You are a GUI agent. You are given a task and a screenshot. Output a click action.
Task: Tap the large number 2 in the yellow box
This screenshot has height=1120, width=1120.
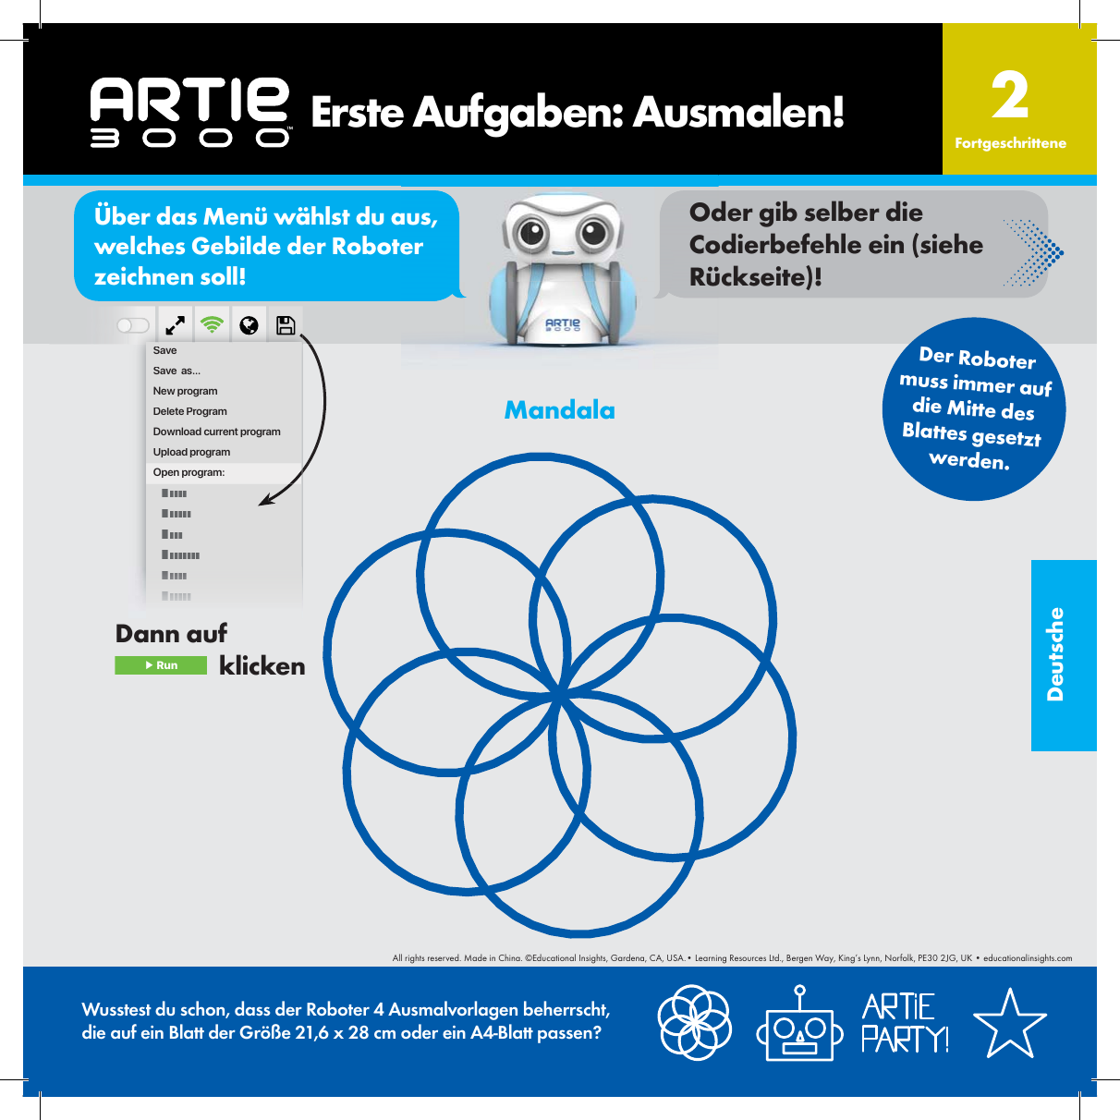click(1010, 96)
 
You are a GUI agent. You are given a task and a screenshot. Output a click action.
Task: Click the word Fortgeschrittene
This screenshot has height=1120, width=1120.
click(1010, 143)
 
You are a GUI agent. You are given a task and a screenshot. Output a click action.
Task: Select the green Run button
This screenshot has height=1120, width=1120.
click(161, 665)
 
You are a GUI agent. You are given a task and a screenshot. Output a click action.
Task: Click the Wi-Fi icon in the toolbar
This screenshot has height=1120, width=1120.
click(213, 325)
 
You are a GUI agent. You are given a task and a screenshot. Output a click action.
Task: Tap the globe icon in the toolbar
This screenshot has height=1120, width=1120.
click(249, 325)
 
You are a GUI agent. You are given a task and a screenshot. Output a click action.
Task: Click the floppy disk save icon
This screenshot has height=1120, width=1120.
click(286, 325)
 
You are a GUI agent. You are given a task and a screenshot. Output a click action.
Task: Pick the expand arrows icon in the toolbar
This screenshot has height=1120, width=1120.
click(175, 325)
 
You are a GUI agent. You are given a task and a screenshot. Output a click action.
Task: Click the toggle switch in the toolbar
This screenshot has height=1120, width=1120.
click(133, 325)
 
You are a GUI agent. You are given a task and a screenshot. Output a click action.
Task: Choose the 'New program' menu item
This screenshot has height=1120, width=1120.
click(186, 391)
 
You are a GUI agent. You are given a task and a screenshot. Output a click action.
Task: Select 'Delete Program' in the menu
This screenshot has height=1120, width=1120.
click(190, 411)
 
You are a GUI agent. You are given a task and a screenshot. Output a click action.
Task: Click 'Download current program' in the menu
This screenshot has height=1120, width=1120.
click(217, 432)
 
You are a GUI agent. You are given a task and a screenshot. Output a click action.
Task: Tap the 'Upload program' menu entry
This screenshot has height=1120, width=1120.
click(192, 452)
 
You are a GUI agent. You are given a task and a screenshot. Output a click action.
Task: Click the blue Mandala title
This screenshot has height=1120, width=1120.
click(559, 410)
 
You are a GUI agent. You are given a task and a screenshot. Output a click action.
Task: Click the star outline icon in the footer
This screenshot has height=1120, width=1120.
click(1009, 1024)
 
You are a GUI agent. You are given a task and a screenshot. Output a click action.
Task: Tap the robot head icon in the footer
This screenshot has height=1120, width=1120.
click(799, 1025)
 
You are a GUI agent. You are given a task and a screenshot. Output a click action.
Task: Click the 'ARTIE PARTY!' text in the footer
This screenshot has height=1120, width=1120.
click(905, 1024)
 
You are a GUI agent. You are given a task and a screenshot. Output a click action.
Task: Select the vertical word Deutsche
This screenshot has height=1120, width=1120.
click(1055, 654)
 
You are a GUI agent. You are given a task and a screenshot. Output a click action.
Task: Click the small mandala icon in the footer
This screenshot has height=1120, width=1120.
click(695, 1023)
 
